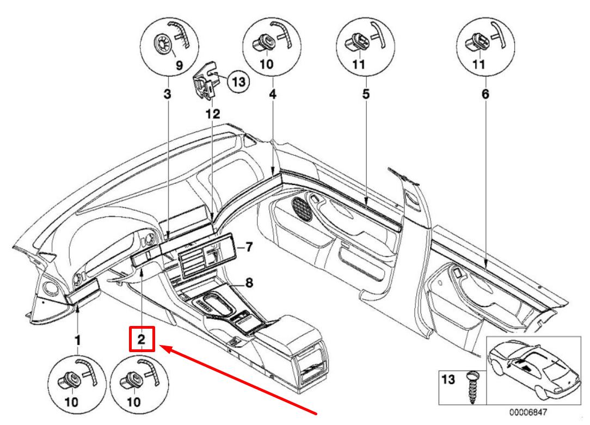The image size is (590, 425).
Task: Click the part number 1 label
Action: point(77,340)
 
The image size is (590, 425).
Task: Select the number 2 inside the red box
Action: point(141,339)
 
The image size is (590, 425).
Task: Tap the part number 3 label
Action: point(168,94)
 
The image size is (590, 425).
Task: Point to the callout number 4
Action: point(273,94)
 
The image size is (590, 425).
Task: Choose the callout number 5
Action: point(366,94)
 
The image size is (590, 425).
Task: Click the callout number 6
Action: point(485,94)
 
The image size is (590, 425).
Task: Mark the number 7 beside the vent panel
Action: point(249,247)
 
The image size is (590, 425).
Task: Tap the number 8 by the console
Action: point(249,282)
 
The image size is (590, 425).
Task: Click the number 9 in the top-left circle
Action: point(180,65)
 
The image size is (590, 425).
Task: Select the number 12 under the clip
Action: point(213,114)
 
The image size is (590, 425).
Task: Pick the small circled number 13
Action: point(238,82)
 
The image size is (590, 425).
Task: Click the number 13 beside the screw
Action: point(448,379)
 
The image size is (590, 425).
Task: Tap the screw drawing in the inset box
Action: point(472,388)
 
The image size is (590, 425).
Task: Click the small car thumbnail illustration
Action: point(534,370)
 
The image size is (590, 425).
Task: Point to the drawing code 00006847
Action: point(528,412)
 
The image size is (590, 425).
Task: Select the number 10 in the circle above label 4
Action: point(266,64)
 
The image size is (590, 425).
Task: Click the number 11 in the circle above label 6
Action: point(478,64)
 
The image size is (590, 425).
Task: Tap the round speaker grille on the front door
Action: point(303,208)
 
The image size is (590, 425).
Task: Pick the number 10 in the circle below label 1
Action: point(71,402)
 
